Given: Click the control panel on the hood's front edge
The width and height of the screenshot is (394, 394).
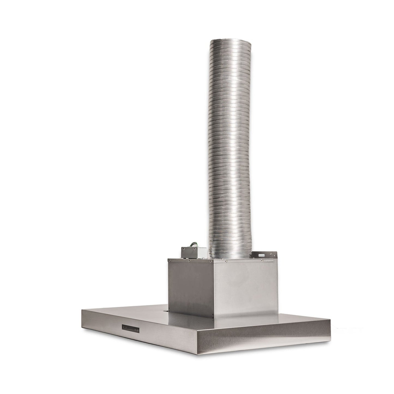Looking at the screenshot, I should pos(131,328).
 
